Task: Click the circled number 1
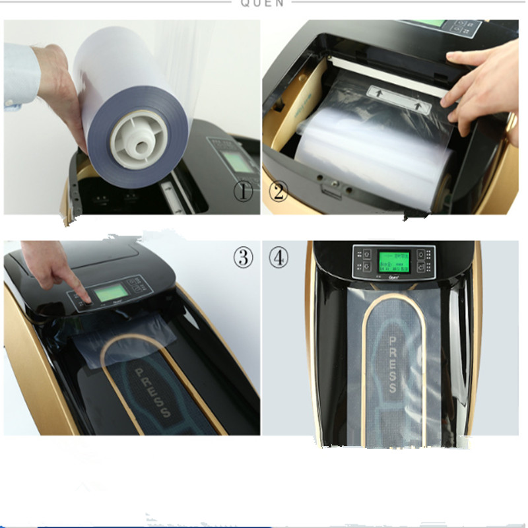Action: coord(244,192)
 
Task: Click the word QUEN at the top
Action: coord(262,3)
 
